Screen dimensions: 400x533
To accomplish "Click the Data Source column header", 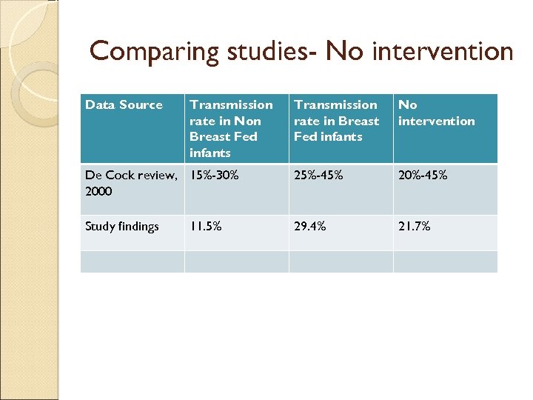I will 124,105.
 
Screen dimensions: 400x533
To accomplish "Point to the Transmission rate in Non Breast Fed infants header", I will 231,129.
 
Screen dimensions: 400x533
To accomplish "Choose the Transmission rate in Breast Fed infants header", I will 336,121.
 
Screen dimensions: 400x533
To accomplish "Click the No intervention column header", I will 436,113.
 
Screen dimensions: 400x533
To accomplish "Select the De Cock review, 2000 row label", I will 131,183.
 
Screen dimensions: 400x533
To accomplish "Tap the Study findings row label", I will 122,227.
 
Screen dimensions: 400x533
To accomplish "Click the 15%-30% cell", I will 214,176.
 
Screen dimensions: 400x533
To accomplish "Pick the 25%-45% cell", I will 318,176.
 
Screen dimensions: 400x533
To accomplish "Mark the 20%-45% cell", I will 423,176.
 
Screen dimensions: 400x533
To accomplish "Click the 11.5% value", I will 206,227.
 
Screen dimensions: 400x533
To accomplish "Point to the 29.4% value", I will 309,227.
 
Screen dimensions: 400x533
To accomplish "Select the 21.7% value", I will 414,227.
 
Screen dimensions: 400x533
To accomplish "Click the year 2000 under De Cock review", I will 98,191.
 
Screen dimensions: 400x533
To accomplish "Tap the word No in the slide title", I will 343,53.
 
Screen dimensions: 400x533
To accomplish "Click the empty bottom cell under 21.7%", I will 445,261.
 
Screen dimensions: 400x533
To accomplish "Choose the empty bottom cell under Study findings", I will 132,261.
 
